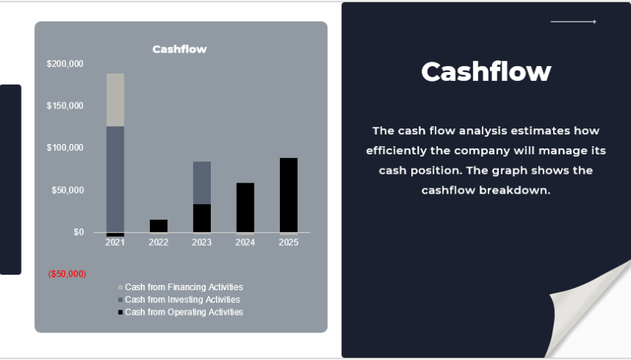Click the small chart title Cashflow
(179, 49)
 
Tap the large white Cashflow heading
(485, 72)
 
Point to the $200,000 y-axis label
(65, 64)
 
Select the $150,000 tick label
(65, 106)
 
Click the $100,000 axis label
(65, 148)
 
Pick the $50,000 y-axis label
(68, 190)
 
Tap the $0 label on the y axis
(79, 232)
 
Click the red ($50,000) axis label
(67, 274)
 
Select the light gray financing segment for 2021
(115, 99)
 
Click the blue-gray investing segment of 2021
(115, 178)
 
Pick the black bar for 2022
(158, 226)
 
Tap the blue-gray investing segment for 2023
(202, 183)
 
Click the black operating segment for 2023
(202, 218)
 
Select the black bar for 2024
(245, 208)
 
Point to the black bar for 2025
(288, 195)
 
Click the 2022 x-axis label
(158, 243)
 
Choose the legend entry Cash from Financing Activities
(183, 287)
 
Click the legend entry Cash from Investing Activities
(182, 300)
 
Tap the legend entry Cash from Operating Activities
(183, 312)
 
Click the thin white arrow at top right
(573, 22)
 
